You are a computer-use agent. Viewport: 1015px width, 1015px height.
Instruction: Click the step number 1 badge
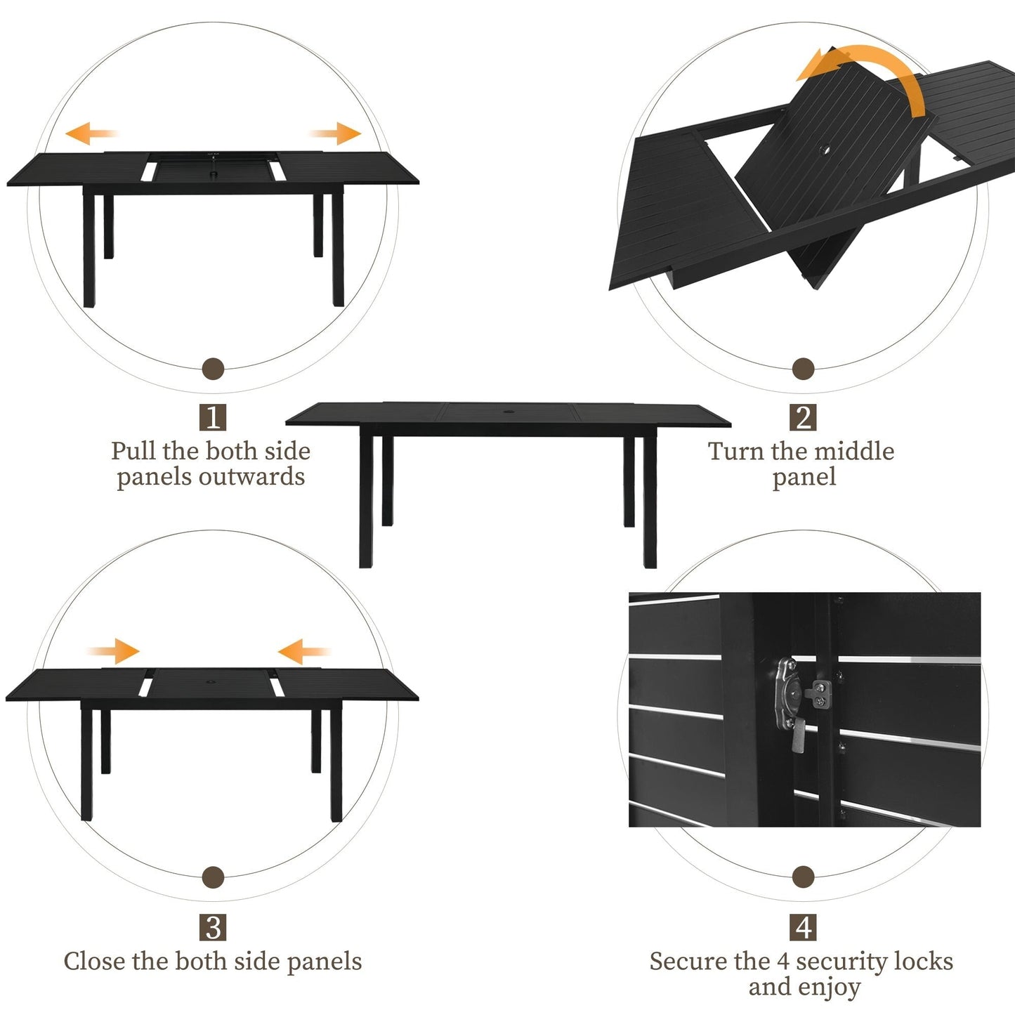213,417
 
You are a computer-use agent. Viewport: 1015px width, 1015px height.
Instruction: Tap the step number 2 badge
804,417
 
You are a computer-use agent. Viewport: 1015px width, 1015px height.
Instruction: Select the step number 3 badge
213,927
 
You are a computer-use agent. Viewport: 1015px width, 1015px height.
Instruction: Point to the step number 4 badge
804,927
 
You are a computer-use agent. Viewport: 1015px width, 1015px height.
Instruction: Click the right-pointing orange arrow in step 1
336,133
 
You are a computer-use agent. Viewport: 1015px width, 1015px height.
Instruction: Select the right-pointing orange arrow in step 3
114,651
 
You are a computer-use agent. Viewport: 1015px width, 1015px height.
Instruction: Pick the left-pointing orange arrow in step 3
303,651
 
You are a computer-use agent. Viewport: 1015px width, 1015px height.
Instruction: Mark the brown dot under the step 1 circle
213,368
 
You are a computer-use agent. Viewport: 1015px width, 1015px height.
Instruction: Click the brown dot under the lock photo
804,877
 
